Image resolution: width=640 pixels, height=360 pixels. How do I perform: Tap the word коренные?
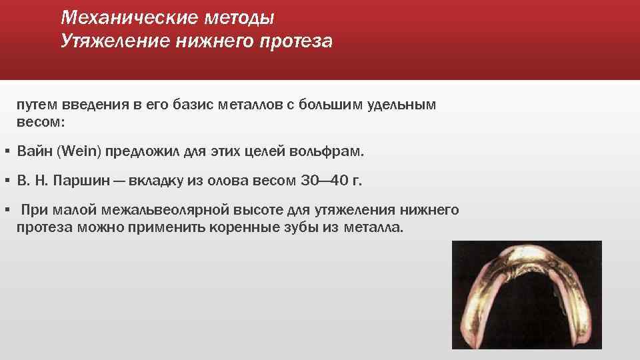262,227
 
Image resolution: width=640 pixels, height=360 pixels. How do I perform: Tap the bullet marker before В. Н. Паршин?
6,181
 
